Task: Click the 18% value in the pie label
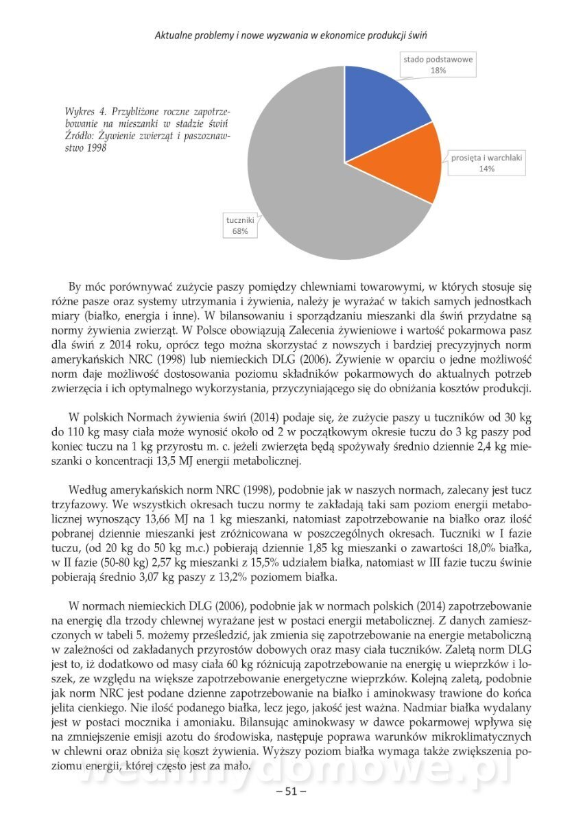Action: pos(438,70)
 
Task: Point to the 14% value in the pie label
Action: pos(487,169)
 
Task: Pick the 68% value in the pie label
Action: pos(240,232)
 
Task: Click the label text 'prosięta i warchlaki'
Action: pos(487,158)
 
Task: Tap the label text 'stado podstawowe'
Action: pos(438,59)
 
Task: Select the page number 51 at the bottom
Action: pos(291,791)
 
